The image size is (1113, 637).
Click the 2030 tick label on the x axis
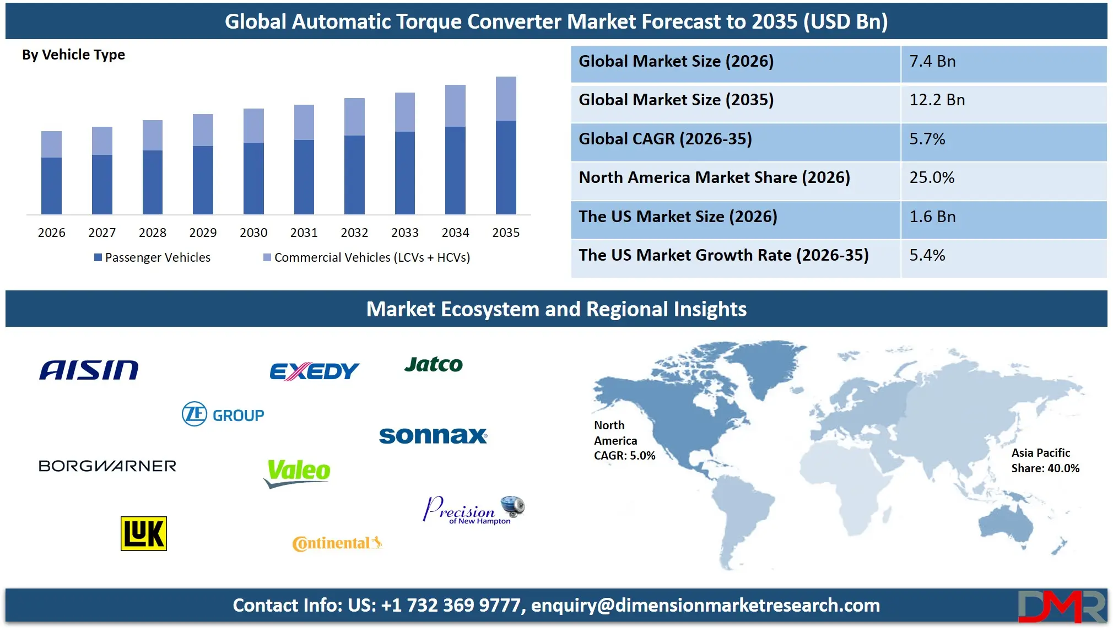point(253,233)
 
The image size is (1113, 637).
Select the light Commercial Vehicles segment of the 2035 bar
point(506,99)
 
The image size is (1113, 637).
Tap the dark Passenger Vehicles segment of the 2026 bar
point(51,186)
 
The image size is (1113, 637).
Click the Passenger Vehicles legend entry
point(153,257)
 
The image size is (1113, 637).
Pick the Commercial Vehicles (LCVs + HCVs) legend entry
point(367,257)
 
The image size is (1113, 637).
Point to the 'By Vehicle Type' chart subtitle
point(73,55)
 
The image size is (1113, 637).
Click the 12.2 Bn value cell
point(937,100)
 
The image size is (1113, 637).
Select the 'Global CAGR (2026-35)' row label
point(665,139)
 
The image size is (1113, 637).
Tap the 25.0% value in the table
point(932,177)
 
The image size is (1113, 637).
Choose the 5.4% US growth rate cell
point(927,255)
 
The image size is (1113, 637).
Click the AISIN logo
point(89,370)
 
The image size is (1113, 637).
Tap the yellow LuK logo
point(143,533)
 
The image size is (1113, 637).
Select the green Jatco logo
point(434,364)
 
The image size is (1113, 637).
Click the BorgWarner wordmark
point(107,466)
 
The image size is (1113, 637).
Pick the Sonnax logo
point(433,435)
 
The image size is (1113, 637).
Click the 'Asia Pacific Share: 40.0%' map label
point(1045,461)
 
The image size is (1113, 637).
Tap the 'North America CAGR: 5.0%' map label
point(624,440)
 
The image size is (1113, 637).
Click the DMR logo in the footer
point(1061,606)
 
